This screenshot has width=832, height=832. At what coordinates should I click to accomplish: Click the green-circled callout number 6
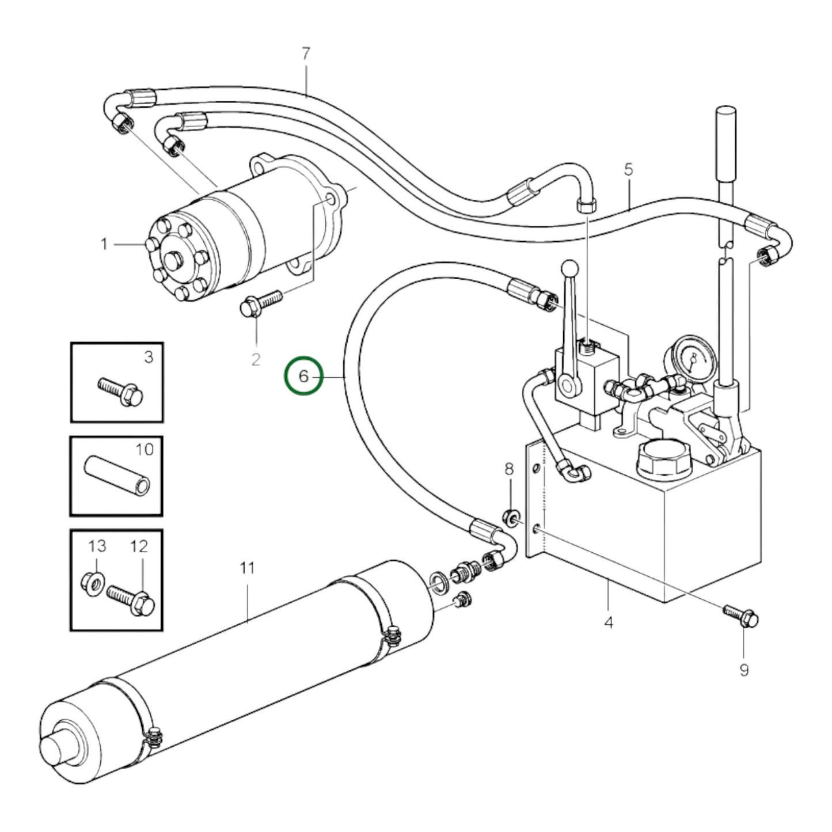tap(303, 377)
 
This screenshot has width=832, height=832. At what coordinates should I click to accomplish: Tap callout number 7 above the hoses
tap(306, 54)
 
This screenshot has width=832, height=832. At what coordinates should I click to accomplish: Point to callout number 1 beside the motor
tap(104, 245)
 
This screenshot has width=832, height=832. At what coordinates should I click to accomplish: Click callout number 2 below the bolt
tap(256, 359)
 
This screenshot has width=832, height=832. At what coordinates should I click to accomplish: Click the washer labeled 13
tap(92, 583)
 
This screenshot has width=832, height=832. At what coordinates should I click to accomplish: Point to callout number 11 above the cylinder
tap(247, 568)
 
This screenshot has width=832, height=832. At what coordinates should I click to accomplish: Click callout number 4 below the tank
tap(609, 622)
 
